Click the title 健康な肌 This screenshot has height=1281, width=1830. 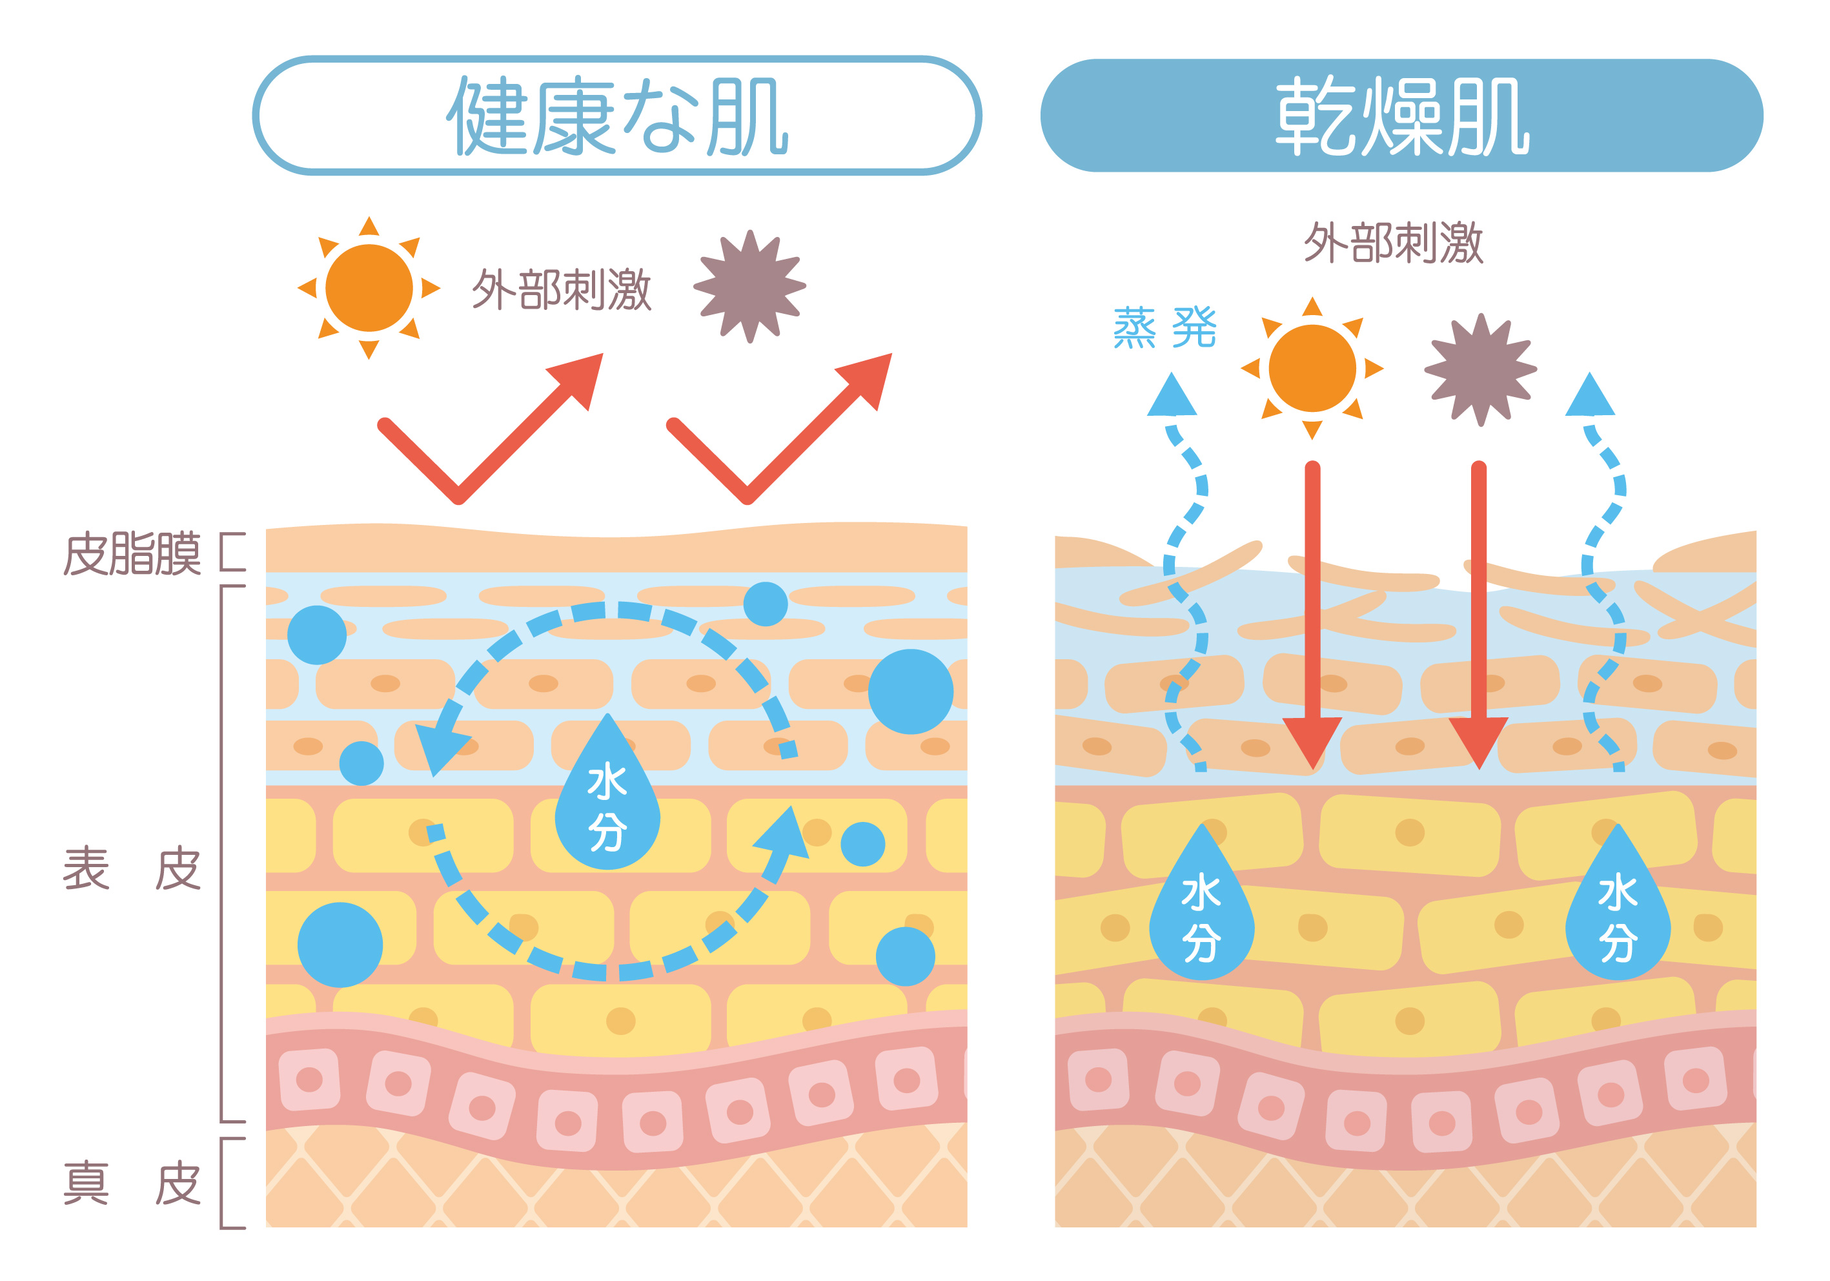coord(616,116)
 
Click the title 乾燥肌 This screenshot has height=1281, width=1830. coord(1401,116)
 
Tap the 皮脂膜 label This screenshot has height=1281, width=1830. coord(132,554)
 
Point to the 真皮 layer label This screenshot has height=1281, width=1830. coord(132,1183)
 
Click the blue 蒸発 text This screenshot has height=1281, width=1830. coord(1164,327)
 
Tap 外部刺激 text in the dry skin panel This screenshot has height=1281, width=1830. coord(1393,242)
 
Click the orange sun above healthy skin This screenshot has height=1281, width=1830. coord(369,288)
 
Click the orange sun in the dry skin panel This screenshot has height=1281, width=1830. coord(1312,368)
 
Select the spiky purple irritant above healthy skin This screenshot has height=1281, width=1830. coord(749,287)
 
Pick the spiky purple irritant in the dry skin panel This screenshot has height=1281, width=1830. coord(1480,369)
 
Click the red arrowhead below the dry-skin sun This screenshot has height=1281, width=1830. coord(1312,740)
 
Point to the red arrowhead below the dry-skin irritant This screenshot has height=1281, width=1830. coord(1478,740)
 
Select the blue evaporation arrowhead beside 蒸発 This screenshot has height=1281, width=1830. coord(1172,396)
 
